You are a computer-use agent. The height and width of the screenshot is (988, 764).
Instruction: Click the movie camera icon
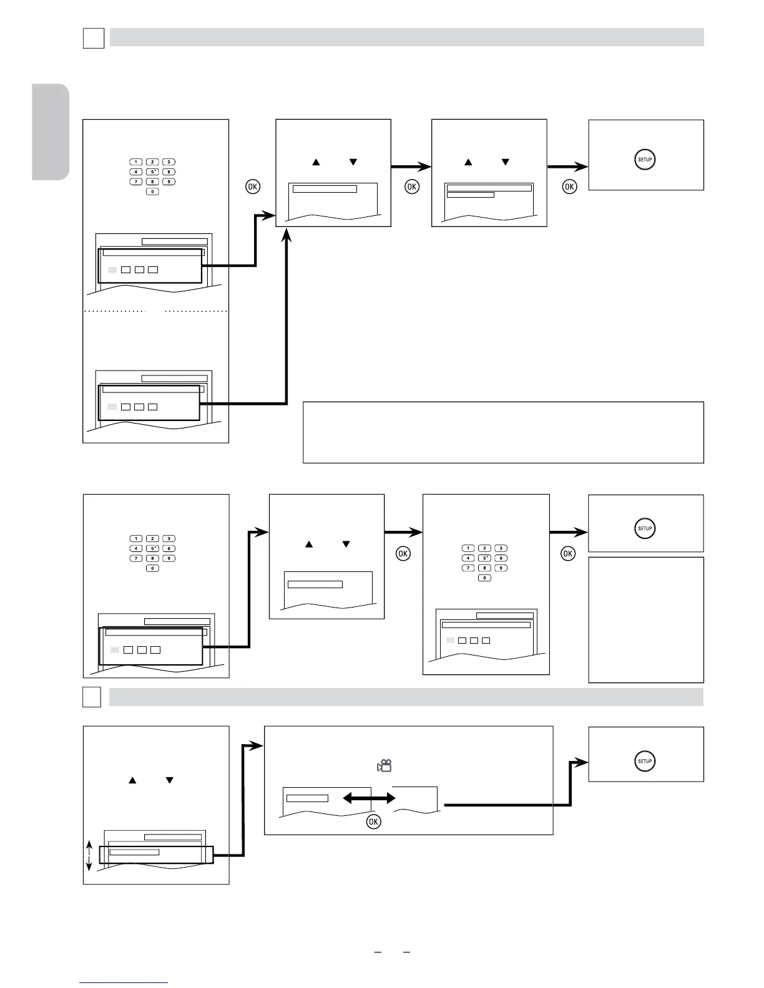pyautogui.click(x=384, y=765)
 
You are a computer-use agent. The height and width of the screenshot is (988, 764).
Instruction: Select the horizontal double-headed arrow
pyautogui.click(x=369, y=798)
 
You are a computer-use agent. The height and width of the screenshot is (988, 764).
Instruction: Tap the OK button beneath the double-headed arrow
pyautogui.click(x=373, y=821)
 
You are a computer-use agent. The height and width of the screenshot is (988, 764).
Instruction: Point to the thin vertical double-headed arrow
pyautogui.click(x=89, y=855)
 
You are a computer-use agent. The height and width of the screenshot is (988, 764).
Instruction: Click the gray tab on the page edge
pyautogui.click(x=51, y=132)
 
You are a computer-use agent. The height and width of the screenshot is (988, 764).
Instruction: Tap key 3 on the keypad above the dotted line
pyautogui.click(x=169, y=162)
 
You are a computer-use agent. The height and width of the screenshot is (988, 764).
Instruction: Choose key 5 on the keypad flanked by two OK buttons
pyautogui.click(x=484, y=558)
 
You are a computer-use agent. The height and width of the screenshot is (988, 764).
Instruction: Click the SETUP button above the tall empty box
pyautogui.click(x=645, y=528)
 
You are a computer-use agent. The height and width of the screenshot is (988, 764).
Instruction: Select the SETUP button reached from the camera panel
pyautogui.click(x=645, y=761)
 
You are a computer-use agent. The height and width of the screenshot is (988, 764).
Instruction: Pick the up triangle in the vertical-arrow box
pyautogui.click(x=132, y=780)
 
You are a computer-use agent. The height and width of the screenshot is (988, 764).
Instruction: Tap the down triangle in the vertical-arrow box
pyautogui.click(x=169, y=780)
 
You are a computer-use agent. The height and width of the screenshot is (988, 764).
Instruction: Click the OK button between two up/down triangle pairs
pyautogui.click(x=412, y=186)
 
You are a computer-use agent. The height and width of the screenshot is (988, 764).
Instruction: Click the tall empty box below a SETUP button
pyautogui.click(x=646, y=619)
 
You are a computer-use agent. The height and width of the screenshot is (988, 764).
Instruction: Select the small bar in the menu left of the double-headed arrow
pyautogui.click(x=307, y=798)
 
